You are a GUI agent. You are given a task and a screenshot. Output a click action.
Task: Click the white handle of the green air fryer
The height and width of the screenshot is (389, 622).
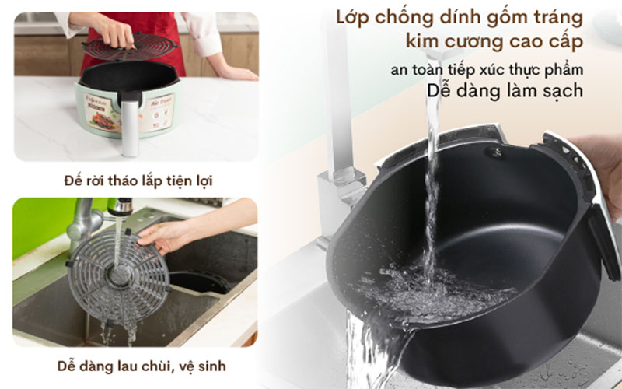pyautogui.click(x=130, y=124)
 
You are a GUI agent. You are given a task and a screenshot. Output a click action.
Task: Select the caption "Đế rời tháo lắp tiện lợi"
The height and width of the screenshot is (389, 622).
pyautogui.click(x=138, y=180)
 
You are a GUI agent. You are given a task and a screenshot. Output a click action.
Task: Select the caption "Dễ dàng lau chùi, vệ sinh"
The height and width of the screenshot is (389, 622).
pyautogui.click(x=135, y=366)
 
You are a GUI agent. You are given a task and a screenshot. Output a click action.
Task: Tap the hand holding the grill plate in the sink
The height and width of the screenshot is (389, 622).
pyautogui.click(x=167, y=233)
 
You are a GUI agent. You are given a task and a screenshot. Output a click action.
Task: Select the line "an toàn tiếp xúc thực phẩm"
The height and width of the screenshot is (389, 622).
pyautogui.click(x=487, y=69)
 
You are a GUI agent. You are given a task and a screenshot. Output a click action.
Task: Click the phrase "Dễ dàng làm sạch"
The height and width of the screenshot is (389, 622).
pyautogui.click(x=505, y=91)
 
